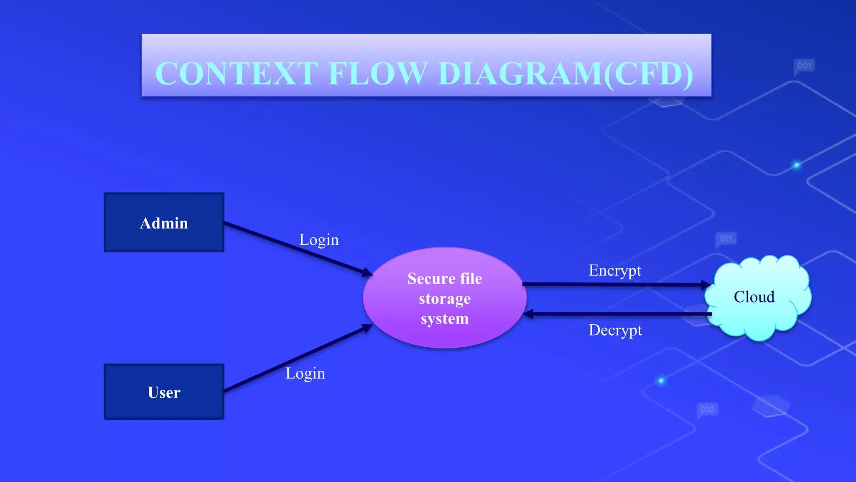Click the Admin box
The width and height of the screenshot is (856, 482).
click(164, 223)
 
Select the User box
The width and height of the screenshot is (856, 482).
click(164, 392)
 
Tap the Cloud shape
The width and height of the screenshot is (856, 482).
click(757, 297)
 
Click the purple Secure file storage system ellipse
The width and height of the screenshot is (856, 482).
click(444, 298)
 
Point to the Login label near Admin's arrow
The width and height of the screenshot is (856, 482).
click(319, 240)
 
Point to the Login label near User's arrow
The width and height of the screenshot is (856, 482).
click(305, 373)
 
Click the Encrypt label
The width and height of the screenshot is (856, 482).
click(615, 271)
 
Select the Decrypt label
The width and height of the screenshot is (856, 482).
click(615, 331)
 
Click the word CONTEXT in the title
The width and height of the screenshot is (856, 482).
click(236, 74)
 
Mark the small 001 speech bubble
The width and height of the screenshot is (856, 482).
click(804, 66)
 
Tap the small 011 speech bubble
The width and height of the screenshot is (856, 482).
click(726, 239)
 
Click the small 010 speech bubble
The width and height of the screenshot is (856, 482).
click(707, 409)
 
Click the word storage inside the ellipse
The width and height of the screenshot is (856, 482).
click(445, 299)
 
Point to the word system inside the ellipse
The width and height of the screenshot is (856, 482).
click(445, 319)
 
